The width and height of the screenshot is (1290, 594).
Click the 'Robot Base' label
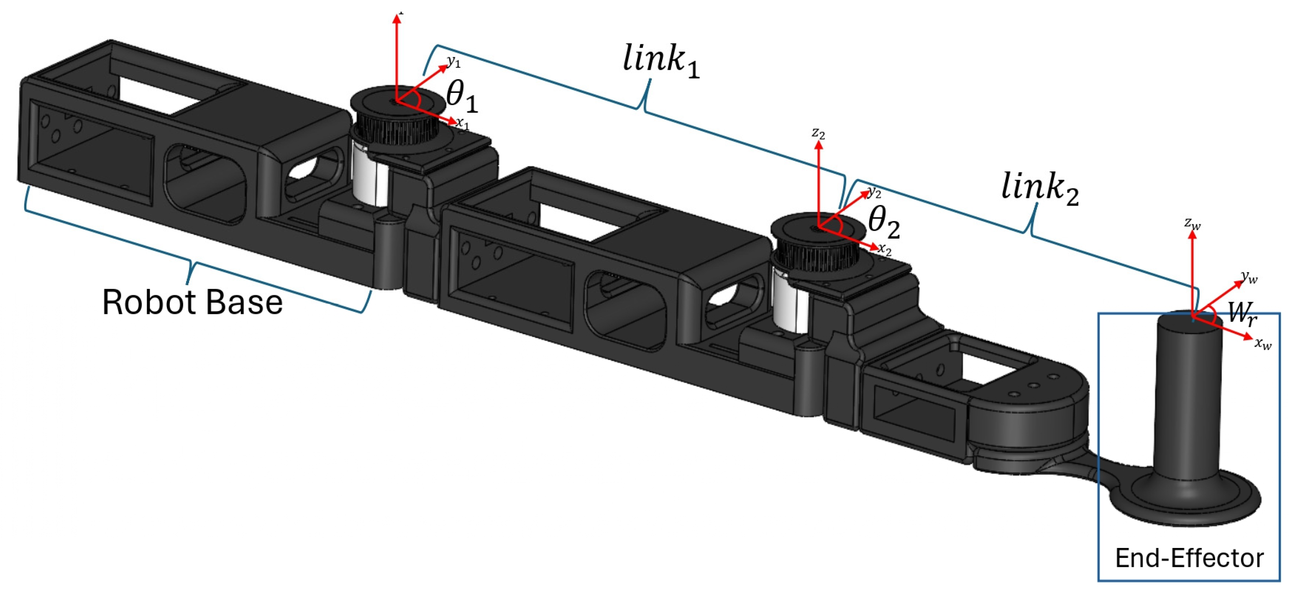click(x=192, y=303)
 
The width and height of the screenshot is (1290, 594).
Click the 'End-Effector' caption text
click(x=1189, y=558)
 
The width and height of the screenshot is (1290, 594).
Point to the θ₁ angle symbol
click(x=462, y=96)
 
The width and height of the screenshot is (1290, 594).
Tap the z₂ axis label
click(x=818, y=133)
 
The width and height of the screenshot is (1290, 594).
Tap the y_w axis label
click(x=1250, y=277)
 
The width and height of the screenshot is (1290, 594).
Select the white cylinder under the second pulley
click(x=790, y=306)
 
